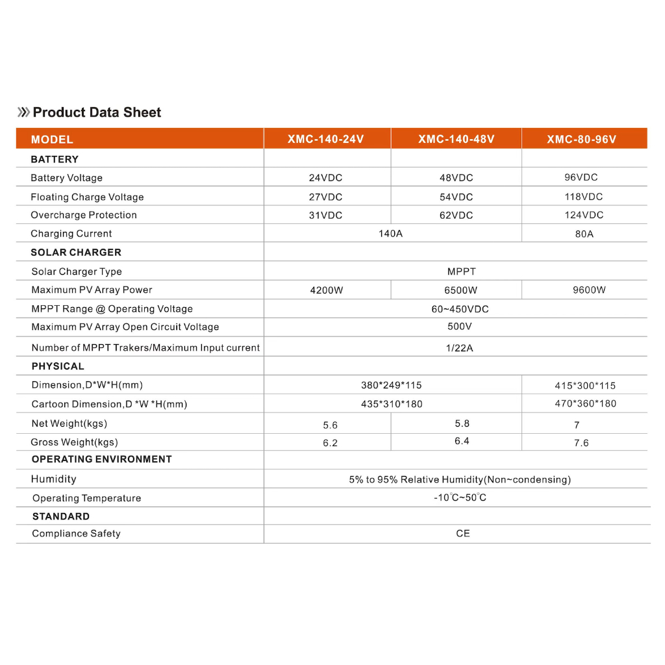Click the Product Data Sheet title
point(97,112)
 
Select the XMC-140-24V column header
point(327,139)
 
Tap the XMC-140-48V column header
point(456,139)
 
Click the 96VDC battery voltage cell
point(581,177)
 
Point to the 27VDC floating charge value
point(325,197)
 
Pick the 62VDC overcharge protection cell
point(456,215)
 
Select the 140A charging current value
point(390,233)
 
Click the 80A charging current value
point(584,233)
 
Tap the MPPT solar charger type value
point(461,271)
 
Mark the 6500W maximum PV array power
point(460,290)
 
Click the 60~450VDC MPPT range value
point(460,309)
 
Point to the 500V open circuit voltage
point(459,327)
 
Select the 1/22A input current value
point(459,348)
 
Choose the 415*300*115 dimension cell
point(585,385)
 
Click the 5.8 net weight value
point(462,423)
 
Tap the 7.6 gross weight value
point(581,443)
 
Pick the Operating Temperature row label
point(86,498)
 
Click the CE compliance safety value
point(462,533)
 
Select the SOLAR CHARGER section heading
point(76,252)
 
